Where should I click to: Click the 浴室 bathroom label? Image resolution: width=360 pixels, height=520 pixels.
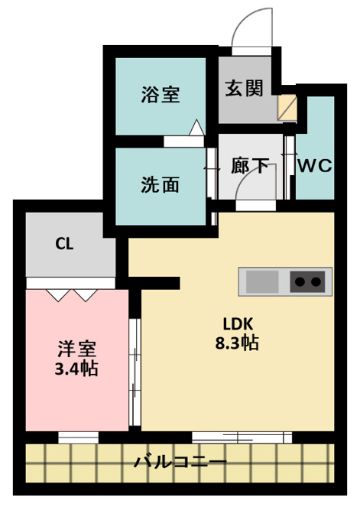click(x=161, y=94)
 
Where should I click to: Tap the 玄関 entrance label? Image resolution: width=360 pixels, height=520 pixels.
click(x=245, y=88)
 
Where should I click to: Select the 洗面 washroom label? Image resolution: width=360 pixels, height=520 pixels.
click(x=160, y=185)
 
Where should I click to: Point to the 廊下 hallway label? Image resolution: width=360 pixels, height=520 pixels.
click(x=250, y=165)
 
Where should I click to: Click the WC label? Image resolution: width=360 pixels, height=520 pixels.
click(x=315, y=165)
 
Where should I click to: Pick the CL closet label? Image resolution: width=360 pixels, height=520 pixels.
click(x=64, y=244)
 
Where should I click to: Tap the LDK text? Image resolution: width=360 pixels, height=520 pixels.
click(x=238, y=323)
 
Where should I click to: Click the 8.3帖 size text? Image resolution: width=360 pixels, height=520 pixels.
click(x=237, y=343)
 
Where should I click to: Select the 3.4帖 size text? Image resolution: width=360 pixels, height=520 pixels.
click(x=76, y=369)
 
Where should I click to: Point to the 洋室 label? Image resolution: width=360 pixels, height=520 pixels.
click(x=77, y=349)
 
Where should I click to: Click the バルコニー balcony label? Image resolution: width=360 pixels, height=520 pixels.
click(x=180, y=462)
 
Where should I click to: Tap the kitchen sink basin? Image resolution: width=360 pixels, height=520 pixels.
click(x=262, y=281)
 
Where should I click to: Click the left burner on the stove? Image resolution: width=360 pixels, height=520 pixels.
click(x=300, y=282)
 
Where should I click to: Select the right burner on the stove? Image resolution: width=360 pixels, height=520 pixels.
click(x=316, y=282)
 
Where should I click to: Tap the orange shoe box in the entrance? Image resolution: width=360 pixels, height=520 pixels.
click(x=287, y=108)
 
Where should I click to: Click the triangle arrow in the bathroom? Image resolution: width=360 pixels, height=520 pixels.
click(x=196, y=128)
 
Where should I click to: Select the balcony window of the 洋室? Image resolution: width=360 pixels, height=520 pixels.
click(x=79, y=437)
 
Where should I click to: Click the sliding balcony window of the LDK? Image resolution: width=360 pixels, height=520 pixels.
click(x=242, y=437)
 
